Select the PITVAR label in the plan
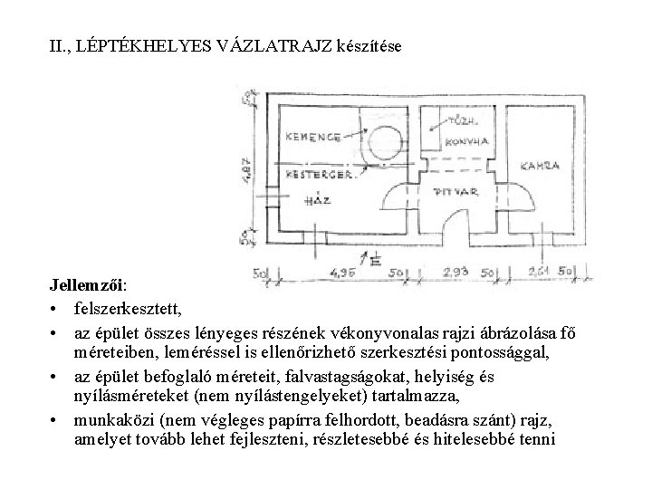point(452,192)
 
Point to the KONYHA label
point(468,141)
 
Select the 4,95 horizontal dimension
point(343,272)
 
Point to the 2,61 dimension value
point(538,272)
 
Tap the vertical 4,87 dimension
point(248,164)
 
